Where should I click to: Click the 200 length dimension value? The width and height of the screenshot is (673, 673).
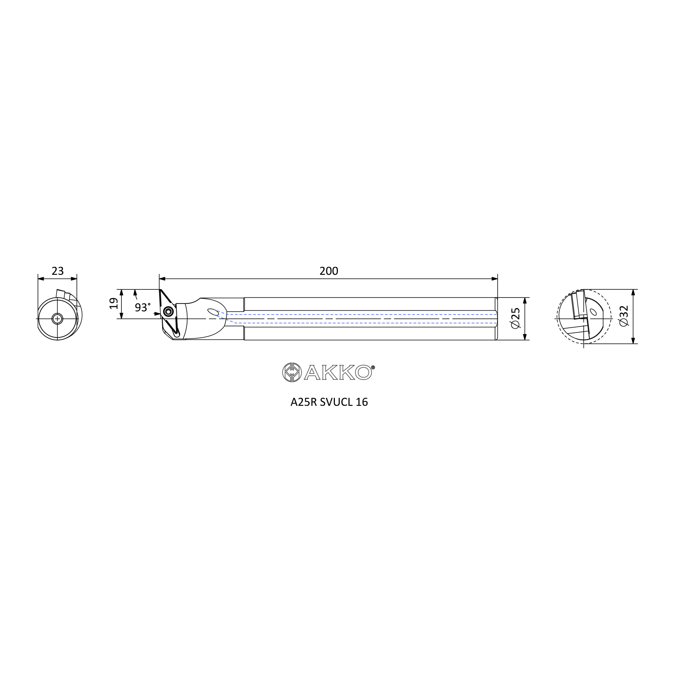[x=329, y=271]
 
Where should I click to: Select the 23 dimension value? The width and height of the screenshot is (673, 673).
[x=58, y=271]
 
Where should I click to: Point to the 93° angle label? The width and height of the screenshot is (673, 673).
[x=143, y=307]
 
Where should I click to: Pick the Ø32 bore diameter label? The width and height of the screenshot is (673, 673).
[x=624, y=316]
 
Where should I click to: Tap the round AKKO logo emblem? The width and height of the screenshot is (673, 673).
[x=291, y=373]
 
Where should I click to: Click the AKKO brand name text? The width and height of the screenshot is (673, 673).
[x=337, y=373]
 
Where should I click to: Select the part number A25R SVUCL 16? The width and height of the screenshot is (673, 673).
[x=329, y=402]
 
